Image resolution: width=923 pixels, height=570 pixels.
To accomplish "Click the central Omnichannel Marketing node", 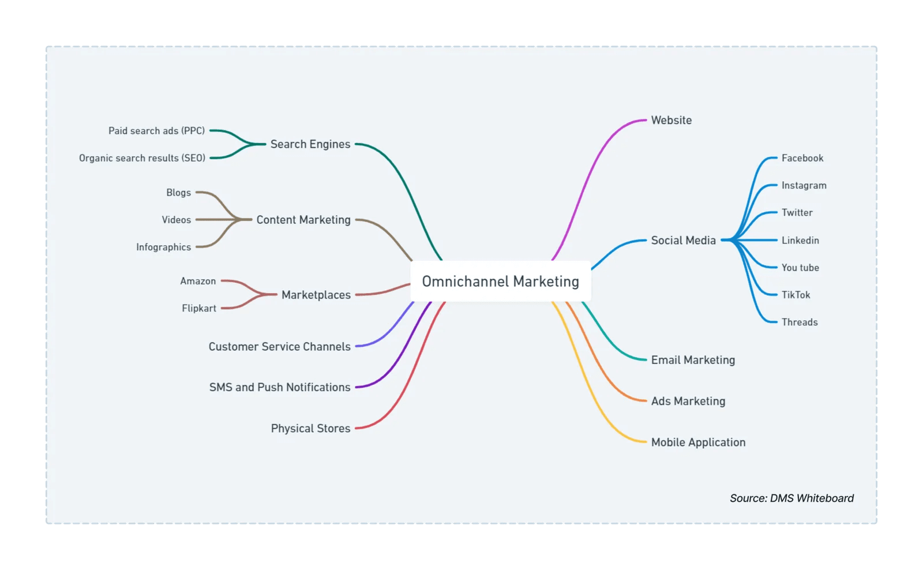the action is tap(500, 282).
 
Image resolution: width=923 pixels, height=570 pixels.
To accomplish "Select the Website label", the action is tap(671, 121).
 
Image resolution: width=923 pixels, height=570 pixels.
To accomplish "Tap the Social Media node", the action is tap(683, 241).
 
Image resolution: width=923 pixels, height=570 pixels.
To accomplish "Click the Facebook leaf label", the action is tap(802, 158).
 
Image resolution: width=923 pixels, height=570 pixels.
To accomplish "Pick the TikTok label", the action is tap(796, 295).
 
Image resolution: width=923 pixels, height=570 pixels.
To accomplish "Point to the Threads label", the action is tap(799, 322).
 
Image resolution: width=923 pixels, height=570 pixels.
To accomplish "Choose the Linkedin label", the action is tap(800, 241).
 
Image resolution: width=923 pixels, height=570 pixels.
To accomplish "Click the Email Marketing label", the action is tap(693, 360).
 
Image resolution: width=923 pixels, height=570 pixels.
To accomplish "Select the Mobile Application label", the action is tap(698, 442).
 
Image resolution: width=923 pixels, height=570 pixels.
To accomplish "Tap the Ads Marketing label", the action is tap(688, 401).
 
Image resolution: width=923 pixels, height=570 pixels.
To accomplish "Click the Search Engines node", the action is tap(310, 144).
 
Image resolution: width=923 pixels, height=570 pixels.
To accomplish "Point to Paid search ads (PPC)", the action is tap(156, 131).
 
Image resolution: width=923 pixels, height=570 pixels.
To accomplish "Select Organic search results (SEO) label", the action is tap(142, 158).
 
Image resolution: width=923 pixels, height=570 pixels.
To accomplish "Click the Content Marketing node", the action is tap(303, 220).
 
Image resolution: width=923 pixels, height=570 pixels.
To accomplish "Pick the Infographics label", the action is tap(163, 247).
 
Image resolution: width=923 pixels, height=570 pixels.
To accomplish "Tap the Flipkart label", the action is tap(199, 308).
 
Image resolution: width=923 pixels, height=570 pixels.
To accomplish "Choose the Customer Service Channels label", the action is tap(279, 347).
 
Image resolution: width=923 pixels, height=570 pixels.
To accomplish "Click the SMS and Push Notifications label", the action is tap(279, 387).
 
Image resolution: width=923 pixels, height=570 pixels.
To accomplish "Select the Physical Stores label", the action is tap(310, 429).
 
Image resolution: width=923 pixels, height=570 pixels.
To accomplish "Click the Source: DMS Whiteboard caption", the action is tap(791, 498).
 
